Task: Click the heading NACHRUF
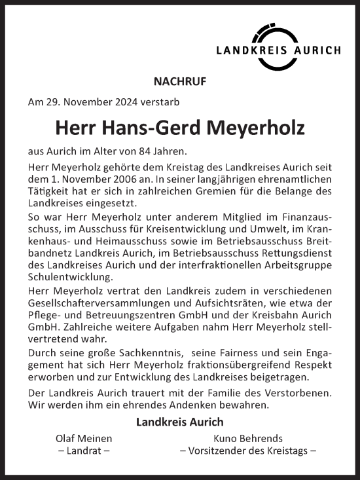(x=179, y=82)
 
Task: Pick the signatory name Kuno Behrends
(x=248, y=437)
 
